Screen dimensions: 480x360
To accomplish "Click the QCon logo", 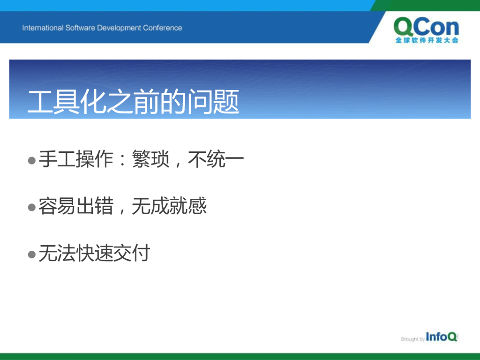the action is [427, 30].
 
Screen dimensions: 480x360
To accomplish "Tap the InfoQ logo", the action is [442, 337].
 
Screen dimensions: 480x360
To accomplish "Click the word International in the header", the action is [43, 28].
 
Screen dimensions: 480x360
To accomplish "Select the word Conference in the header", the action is [162, 28].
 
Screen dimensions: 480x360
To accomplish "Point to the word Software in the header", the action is [80, 28].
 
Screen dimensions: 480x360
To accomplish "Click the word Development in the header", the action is [119, 28].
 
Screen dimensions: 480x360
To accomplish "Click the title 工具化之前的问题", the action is [133, 102].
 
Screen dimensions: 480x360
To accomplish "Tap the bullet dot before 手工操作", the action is [32, 160].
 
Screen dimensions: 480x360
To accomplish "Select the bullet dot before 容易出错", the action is [32, 207].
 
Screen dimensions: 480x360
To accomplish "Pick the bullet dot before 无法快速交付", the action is [32, 255].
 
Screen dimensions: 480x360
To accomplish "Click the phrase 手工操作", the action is [76, 159].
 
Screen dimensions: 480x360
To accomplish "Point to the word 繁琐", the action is [150, 159].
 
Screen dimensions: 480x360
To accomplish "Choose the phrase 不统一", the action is [216, 159].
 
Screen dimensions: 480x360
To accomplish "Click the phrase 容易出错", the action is [76, 206].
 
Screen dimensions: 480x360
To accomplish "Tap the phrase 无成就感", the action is [169, 206].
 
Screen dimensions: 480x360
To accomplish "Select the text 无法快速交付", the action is [94, 253].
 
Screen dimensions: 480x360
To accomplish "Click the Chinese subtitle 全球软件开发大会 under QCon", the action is [427, 40].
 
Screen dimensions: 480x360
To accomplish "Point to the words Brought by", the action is [412, 339].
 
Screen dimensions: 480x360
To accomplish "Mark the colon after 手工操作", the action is [122, 160].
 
